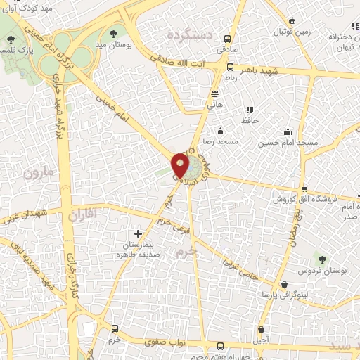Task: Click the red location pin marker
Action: [x=181, y=167]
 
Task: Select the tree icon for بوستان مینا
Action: [x=114, y=33]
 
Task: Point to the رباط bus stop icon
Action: [x=230, y=67]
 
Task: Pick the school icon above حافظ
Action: [x=249, y=110]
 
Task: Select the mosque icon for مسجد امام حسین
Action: [x=288, y=131]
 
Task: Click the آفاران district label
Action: [x=86, y=211]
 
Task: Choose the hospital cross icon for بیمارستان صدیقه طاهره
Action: [x=137, y=233]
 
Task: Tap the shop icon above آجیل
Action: [x=262, y=328]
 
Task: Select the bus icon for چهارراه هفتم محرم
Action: [x=220, y=346]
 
